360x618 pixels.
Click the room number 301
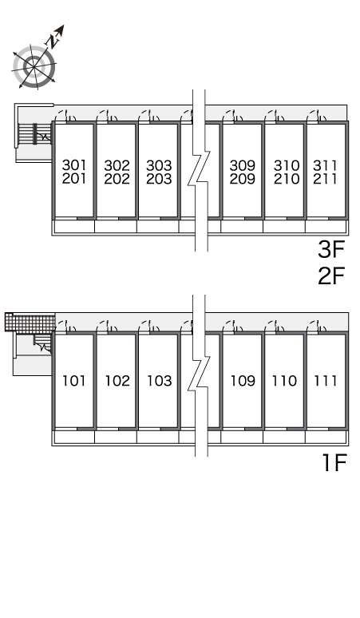74,164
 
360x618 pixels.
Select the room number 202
117,179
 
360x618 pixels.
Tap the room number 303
159,164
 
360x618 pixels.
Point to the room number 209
242,179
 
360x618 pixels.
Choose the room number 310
287,164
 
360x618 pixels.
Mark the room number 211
326,179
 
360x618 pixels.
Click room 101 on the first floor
74,381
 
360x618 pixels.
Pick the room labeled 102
117,381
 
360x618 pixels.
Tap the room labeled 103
160,381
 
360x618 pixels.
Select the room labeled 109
243,381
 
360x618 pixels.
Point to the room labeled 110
284,381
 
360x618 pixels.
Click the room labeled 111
326,381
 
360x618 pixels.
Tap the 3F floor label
331,249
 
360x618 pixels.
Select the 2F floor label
331,275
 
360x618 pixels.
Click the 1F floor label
334,463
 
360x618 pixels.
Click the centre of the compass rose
34,66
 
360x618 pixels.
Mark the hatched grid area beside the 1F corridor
30,322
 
